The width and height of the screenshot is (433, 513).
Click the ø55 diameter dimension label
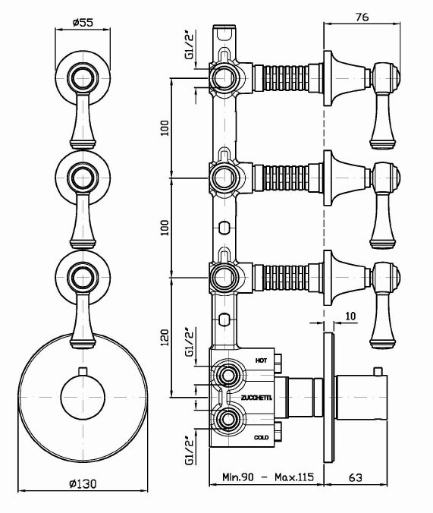click(83, 22)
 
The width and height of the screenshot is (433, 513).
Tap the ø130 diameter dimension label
click(83, 483)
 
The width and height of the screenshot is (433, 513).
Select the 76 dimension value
click(362, 17)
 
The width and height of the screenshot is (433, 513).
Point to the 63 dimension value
click(356, 477)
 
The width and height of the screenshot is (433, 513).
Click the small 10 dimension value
click(350, 316)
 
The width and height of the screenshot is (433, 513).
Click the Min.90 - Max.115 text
click(268, 477)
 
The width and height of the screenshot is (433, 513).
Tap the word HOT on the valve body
click(261, 360)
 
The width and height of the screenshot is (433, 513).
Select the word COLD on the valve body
click(262, 437)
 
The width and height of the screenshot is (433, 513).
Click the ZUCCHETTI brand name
click(257, 398)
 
